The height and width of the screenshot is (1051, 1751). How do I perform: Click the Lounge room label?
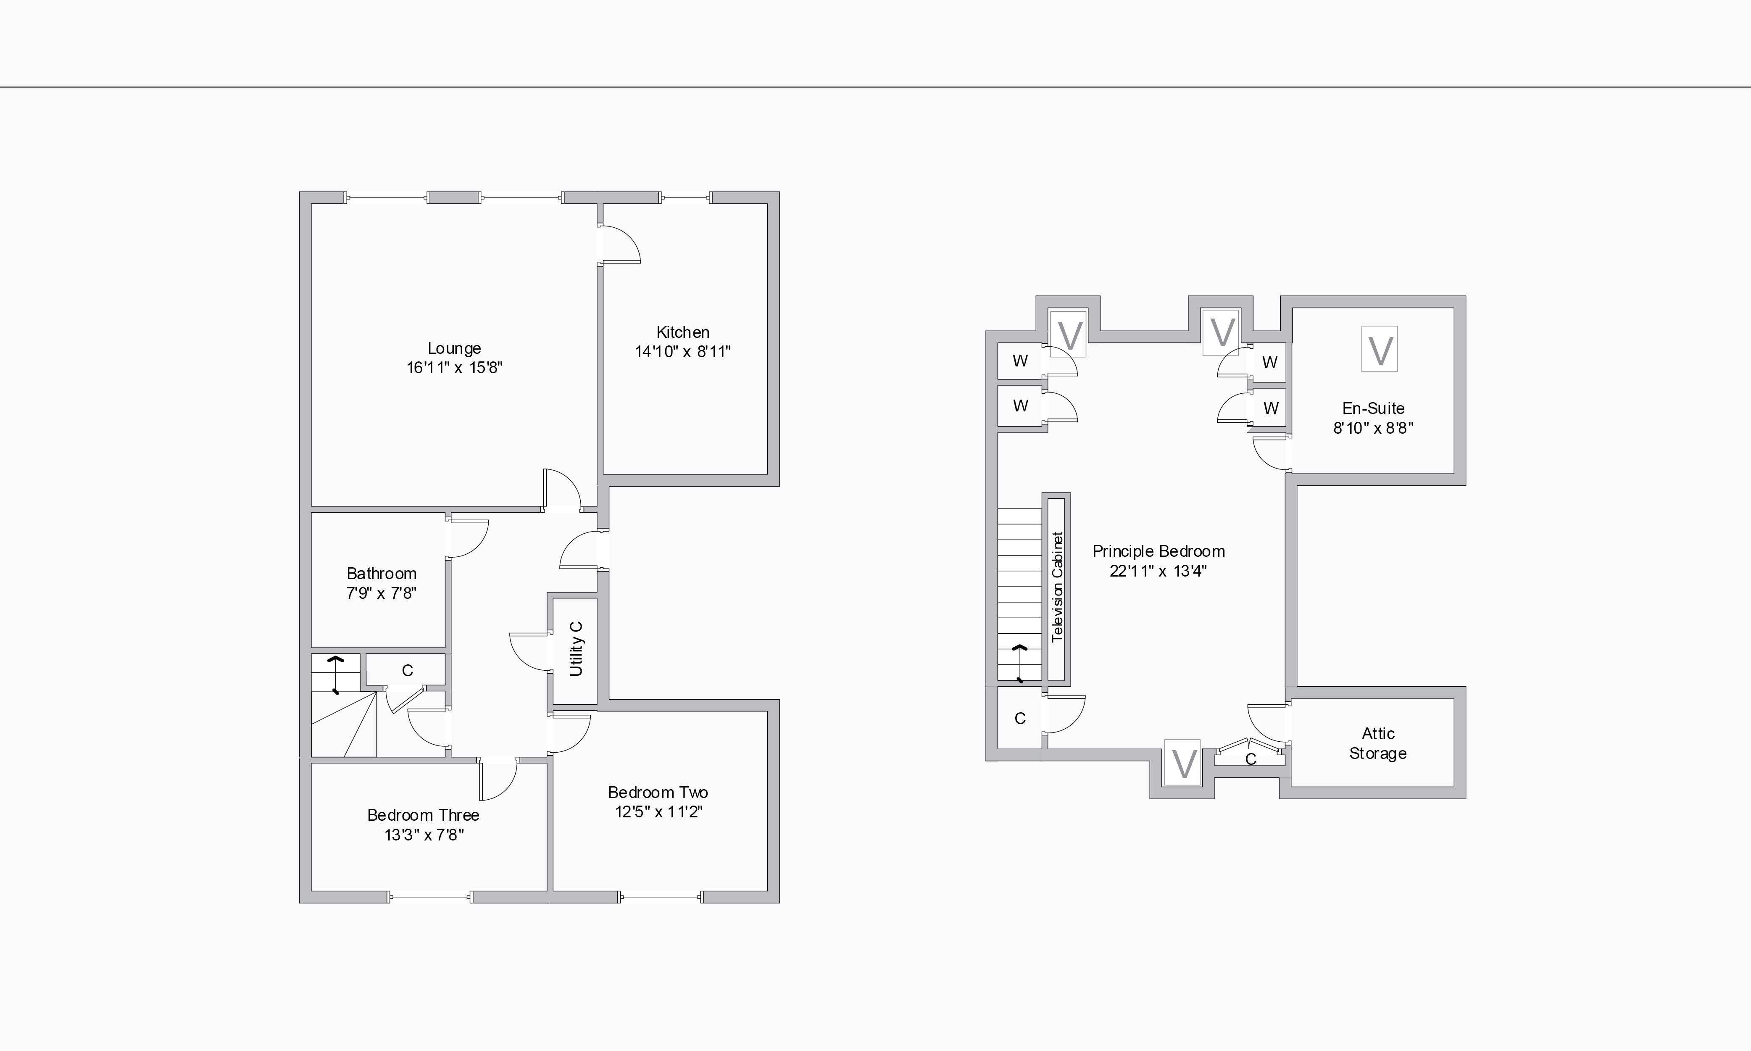(454, 348)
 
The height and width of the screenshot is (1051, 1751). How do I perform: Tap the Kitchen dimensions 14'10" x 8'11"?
(682, 352)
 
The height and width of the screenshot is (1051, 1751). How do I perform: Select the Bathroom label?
(381, 574)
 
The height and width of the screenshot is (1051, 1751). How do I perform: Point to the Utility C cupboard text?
(576, 648)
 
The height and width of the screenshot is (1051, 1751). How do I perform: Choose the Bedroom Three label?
(423, 815)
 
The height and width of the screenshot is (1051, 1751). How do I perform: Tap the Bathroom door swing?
(467, 538)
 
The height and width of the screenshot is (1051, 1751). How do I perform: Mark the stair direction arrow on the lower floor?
(336, 674)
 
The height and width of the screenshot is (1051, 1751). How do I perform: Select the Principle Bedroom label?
(1159, 552)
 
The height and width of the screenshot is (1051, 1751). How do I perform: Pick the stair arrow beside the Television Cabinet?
(1019, 663)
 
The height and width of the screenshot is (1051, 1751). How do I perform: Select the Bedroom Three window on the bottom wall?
(430, 897)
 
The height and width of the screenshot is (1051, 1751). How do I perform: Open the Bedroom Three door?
(498, 777)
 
